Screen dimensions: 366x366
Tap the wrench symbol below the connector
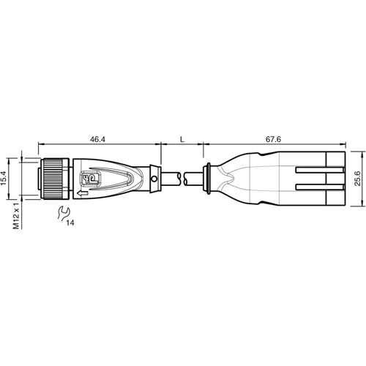click(63, 214)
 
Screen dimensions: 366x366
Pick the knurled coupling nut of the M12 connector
click(54, 177)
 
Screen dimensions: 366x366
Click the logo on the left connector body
click(91, 179)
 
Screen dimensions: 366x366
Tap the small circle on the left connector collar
click(154, 178)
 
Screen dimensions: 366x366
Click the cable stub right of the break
click(195, 178)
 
